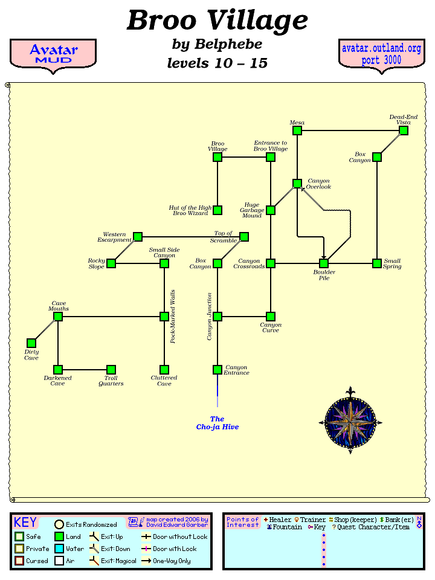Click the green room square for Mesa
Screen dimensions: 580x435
(x=297, y=130)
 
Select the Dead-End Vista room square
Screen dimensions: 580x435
(x=404, y=130)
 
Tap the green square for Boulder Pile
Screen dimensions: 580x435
(x=324, y=263)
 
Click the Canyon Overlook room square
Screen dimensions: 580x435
(x=297, y=184)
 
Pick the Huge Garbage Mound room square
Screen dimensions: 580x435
(x=271, y=210)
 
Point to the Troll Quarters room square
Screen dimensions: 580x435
(x=111, y=370)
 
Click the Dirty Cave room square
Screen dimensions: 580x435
(x=31, y=343)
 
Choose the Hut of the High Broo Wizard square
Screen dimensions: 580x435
(x=217, y=210)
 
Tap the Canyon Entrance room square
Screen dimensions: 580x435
(x=217, y=370)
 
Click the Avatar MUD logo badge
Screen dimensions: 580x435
(x=53, y=54)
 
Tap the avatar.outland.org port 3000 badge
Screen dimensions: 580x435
(x=381, y=54)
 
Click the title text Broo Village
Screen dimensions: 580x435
(x=217, y=21)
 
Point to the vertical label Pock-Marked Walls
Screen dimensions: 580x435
(x=173, y=317)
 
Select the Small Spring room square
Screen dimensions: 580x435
(x=377, y=263)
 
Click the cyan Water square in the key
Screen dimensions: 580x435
(x=59, y=549)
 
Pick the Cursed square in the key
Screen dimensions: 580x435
(x=19, y=561)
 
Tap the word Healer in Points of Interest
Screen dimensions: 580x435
(x=280, y=520)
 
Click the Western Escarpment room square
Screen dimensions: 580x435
(x=138, y=237)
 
